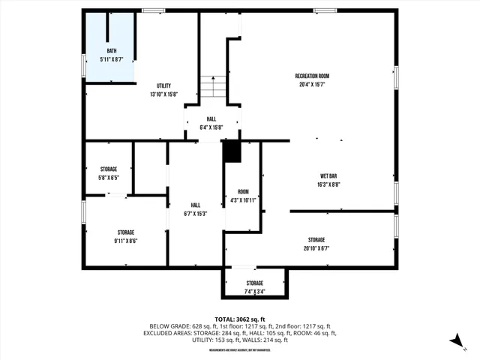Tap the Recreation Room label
tap(312, 76)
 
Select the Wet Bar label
tap(328, 175)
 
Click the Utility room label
tap(163, 86)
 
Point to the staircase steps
tap(212, 86)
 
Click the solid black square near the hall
tap(232, 151)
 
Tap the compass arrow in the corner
tap(455, 340)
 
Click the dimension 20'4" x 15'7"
tap(312, 85)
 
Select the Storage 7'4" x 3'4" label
tap(254, 287)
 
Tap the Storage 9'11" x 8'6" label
tap(125, 236)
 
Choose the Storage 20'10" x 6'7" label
tap(316, 244)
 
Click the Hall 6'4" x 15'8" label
tap(212, 123)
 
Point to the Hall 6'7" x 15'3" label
tap(195, 209)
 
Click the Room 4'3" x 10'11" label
tap(243, 196)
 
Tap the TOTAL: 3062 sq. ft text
tap(240, 319)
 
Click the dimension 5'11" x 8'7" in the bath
tap(111, 58)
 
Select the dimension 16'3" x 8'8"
tap(328, 184)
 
